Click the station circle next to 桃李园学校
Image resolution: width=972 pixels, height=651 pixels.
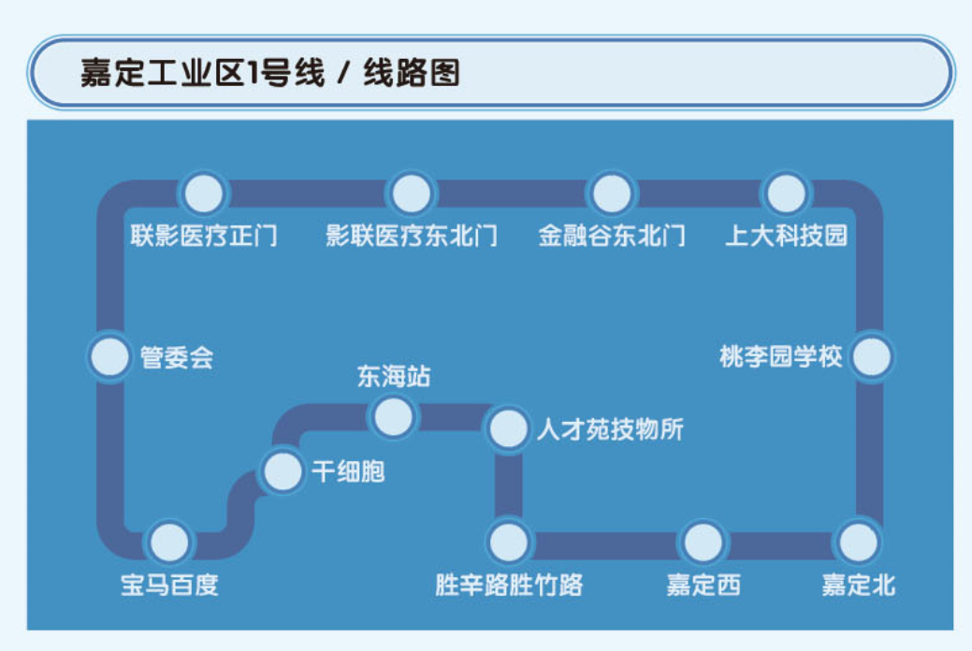click(x=871, y=357)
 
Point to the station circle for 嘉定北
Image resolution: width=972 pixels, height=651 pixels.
click(x=858, y=542)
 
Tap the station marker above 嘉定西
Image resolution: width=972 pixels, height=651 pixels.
click(x=703, y=542)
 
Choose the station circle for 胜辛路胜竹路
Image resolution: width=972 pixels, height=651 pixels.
click(x=509, y=542)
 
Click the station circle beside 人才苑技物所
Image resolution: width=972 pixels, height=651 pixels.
click(x=509, y=429)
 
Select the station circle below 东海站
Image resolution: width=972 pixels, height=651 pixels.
click(x=393, y=417)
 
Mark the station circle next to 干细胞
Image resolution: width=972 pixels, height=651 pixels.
click(x=281, y=471)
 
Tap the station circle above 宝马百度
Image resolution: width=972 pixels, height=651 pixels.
click(x=169, y=542)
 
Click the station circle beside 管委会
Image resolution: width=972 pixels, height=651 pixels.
click(x=109, y=357)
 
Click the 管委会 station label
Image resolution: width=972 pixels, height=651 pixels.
click(x=177, y=357)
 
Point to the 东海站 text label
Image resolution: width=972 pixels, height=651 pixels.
click(x=394, y=377)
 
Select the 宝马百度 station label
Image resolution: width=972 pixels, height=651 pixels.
click(x=169, y=586)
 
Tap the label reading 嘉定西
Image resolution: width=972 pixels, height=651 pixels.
click(x=703, y=586)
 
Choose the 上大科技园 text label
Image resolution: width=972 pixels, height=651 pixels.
click(x=786, y=235)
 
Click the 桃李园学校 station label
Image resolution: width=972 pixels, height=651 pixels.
click(x=781, y=357)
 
